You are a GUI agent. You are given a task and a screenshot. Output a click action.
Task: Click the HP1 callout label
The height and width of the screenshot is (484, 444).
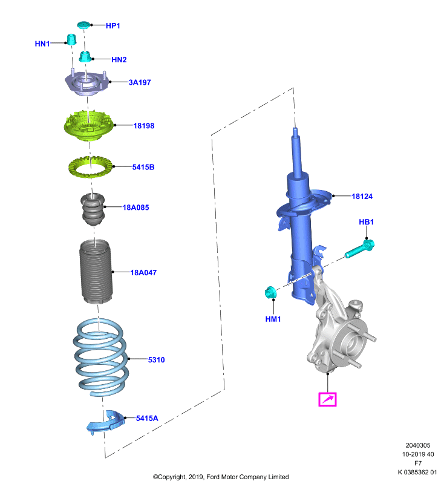click(113, 25)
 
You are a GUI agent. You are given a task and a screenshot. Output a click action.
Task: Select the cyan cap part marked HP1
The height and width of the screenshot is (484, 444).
click(83, 25)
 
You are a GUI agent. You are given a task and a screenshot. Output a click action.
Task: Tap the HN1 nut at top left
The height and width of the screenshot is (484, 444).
click(71, 39)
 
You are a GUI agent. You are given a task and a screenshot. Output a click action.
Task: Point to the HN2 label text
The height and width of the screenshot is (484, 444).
click(119, 59)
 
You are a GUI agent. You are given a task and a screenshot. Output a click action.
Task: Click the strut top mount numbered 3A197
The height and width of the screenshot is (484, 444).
click(87, 83)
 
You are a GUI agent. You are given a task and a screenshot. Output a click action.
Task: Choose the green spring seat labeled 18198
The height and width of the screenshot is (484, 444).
click(89, 125)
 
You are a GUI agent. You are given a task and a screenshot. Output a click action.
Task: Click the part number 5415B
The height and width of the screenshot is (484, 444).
click(143, 167)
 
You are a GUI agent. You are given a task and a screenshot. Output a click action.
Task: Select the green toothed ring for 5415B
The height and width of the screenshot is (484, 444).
click(90, 167)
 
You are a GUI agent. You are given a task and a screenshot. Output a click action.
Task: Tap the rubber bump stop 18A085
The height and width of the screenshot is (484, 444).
click(93, 209)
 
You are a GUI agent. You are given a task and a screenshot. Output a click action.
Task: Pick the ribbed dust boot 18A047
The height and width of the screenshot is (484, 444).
click(96, 272)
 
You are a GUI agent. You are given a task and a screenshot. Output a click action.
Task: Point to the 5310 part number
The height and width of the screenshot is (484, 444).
click(156, 359)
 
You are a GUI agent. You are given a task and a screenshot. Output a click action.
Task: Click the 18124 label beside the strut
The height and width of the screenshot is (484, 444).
click(362, 196)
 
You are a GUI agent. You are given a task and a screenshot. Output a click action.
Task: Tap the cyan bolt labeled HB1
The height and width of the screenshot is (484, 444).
click(359, 249)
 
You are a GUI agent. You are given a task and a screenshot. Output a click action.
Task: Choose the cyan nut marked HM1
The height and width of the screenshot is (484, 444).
click(270, 292)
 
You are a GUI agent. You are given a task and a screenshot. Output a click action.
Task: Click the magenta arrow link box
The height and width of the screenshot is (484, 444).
click(327, 399)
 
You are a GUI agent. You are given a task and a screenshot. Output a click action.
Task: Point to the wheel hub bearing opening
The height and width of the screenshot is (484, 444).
click(354, 344)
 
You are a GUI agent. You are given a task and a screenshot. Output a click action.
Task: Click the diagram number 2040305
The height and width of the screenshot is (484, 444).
click(418, 445)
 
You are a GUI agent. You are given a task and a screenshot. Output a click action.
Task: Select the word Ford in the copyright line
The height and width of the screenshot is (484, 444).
click(213, 477)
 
